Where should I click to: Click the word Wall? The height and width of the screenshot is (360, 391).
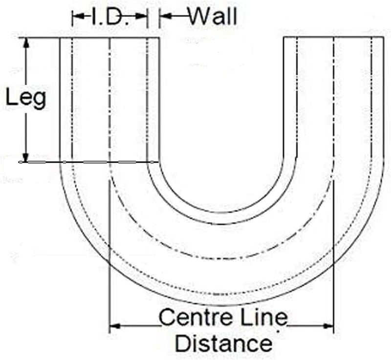(213, 16)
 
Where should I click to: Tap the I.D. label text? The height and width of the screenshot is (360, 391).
(110, 16)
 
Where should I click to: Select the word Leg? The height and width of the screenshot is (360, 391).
(26, 98)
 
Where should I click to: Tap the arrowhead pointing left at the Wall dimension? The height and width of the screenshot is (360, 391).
(165, 16)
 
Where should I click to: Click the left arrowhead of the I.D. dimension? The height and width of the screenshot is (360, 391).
(78, 16)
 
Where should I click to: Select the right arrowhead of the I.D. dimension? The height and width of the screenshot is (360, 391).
(141, 16)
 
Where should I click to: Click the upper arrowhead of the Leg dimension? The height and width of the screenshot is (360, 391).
(26, 43)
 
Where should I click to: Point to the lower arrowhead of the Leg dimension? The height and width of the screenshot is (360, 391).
(25, 157)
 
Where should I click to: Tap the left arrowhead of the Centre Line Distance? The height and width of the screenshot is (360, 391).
(115, 326)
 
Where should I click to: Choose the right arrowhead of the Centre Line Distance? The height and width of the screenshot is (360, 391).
(327, 326)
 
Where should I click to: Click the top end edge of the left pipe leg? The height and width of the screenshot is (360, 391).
(109, 38)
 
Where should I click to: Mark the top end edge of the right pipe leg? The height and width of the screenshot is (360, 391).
(334, 37)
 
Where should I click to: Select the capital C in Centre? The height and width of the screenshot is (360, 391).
(167, 317)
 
